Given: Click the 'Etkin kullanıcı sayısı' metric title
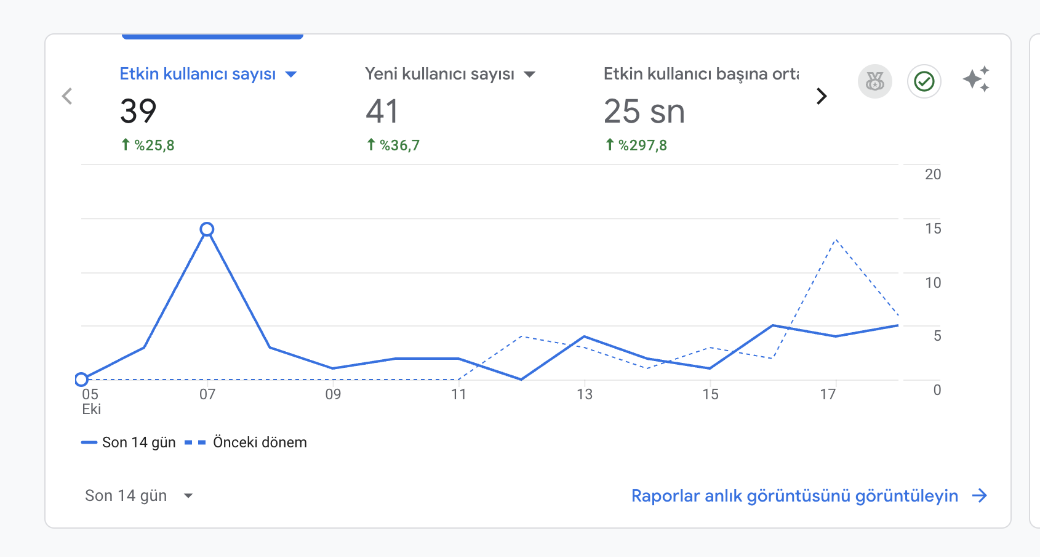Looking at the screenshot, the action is [198, 75].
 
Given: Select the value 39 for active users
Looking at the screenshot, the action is [138, 111].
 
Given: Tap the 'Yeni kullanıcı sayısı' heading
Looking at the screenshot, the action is [439, 75].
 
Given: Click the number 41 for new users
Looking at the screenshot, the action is [382, 111].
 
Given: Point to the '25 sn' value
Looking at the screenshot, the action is [644, 111].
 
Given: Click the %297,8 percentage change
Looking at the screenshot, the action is [636, 145].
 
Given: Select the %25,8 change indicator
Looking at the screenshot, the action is [148, 145].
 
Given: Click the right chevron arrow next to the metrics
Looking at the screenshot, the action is [822, 96].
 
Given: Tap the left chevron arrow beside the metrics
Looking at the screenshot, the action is [67, 96].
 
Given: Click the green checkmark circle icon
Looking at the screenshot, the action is [924, 81].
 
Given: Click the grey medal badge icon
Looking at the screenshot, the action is [874, 81].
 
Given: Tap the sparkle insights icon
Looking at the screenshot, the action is [977, 79].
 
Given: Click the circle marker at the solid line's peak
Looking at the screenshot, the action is [207, 229].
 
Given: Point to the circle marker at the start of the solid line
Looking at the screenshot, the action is [81, 380].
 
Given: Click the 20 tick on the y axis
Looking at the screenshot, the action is [933, 174].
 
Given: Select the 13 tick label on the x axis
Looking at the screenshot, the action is [585, 394].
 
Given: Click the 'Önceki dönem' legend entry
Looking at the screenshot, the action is [246, 442].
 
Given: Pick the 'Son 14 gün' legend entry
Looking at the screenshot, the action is [128, 442].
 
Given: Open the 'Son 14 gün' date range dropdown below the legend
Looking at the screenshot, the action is [138, 495].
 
